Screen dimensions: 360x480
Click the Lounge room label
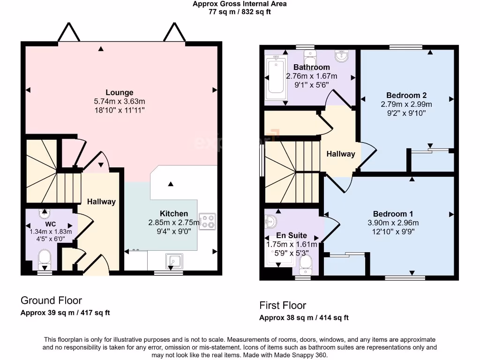(x=120, y=93)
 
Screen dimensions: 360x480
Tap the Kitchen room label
(x=174, y=214)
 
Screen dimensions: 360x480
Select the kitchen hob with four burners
(x=207, y=222)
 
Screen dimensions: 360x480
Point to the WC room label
(x=51, y=224)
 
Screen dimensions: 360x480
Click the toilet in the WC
(x=45, y=258)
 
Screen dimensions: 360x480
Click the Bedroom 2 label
(x=406, y=96)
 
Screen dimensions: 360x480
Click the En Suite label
(x=292, y=235)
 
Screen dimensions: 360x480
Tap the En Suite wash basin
(x=271, y=220)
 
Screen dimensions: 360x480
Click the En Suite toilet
(x=305, y=267)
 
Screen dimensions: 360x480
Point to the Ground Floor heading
(x=51, y=300)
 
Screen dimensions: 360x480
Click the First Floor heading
(x=283, y=306)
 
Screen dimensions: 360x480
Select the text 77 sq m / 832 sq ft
(x=240, y=12)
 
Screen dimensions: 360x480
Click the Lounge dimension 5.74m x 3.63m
(x=120, y=101)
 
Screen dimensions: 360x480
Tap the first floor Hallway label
(x=341, y=154)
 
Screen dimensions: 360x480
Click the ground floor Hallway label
(x=101, y=202)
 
